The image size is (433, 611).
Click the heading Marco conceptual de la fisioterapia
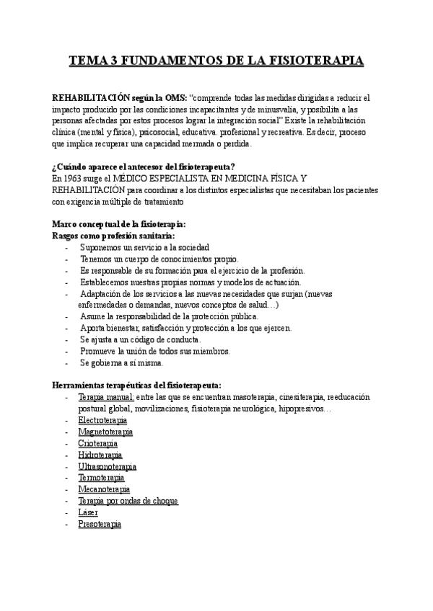pyautogui.click(x=120, y=224)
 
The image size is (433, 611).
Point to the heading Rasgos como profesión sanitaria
pyautogui.click(x=114, y=236)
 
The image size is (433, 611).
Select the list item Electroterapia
pyautogui.click(x=102, y=420)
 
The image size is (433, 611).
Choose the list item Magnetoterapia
pyautogui.click(x=105, y=432)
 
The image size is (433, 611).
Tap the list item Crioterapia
pyautogui.click(x=97, y=443)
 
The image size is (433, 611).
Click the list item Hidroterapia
pyautogui.click(x=100, y=455)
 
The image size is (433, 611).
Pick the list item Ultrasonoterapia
pyautogui.click(x=107, y=466)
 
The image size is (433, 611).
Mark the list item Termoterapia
pyautogui.click(x=101, y=478)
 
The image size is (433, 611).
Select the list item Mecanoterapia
pyautogui.click(x=104, y=489)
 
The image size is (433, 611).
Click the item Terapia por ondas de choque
pyautogui.click(x=128, y=501)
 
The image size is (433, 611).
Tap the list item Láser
pyautogui.click(x=88, y=512)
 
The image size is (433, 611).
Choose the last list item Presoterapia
pyautogui.click(x=100, y=524)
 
